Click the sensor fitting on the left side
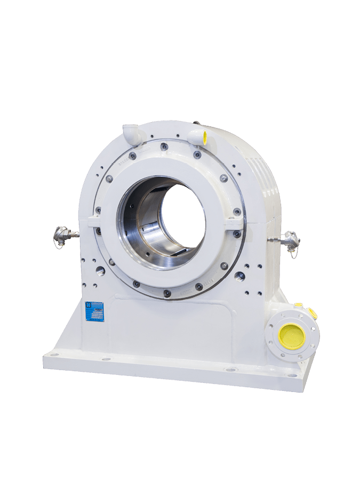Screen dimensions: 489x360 [63, 235]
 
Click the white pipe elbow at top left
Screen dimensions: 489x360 [132, 134]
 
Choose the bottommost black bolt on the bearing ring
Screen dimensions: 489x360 [167, 293]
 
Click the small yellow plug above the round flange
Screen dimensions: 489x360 [299, 305]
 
